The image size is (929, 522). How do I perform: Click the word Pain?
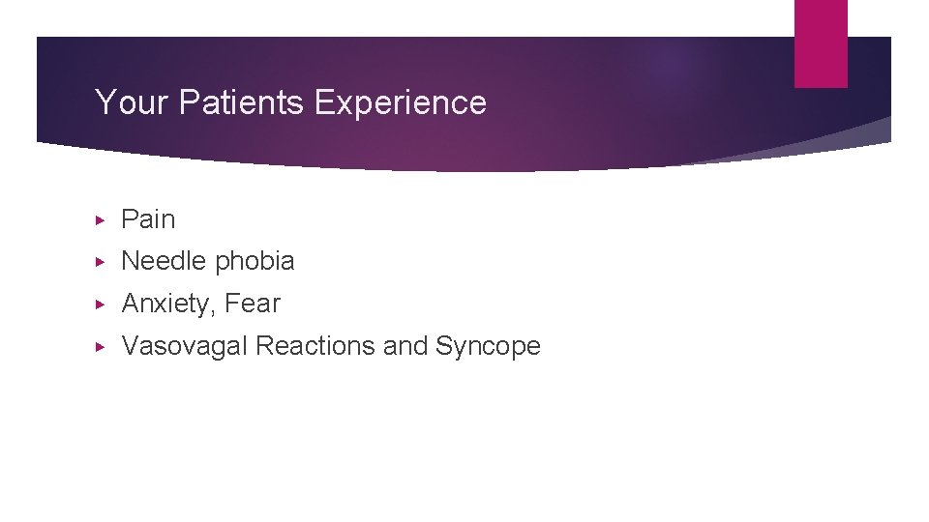pos(148,219)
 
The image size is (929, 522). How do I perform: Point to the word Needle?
pos(165,261)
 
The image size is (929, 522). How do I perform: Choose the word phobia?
pos(255,261)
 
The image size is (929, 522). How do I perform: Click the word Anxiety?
pos(167,304)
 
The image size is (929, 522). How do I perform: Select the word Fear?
pos(252,304)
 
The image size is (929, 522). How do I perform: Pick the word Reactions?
pos(315,346)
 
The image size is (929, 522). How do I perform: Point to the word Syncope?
pos(488,346)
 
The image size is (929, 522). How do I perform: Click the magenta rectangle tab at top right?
pos(821,43)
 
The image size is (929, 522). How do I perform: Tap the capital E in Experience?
pos(324,102)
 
